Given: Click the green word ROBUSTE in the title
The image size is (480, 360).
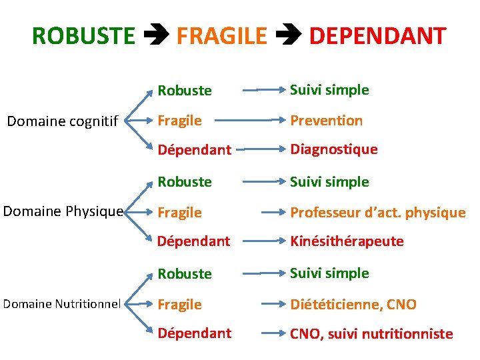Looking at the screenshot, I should click(x=83, y=36).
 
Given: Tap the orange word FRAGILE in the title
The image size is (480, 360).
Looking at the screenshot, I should click(x=221, y=36).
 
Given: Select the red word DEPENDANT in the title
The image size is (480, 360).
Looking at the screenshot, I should click(x=377, y=36).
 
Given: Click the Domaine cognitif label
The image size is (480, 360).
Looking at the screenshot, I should click(x=62, y=121).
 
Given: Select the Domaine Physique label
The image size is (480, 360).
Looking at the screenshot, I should click(x=63, y=212).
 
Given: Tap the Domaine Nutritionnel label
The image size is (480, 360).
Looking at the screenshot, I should click(x=62, y=304).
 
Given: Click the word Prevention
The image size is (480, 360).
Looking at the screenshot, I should click(x=326, y=121).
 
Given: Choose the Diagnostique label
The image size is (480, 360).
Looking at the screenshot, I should click(x=333, y=149).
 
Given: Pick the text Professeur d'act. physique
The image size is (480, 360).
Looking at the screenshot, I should click(x=377, y=213).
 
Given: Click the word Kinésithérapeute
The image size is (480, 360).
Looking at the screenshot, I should click(x=347, y=241).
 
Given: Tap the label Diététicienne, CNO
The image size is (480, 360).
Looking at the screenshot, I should click(x=353, y=305).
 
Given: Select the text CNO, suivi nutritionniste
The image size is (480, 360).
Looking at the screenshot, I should click(x=371, y=333).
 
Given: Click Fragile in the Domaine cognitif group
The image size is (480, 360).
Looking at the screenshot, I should click(x=179, y=121).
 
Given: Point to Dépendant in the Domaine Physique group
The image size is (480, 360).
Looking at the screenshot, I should click(x=193, y=241).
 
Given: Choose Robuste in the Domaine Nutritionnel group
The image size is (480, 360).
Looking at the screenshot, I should click(x=185, y=273).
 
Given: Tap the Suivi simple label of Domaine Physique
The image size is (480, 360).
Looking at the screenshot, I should click(x=329, y=181).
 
